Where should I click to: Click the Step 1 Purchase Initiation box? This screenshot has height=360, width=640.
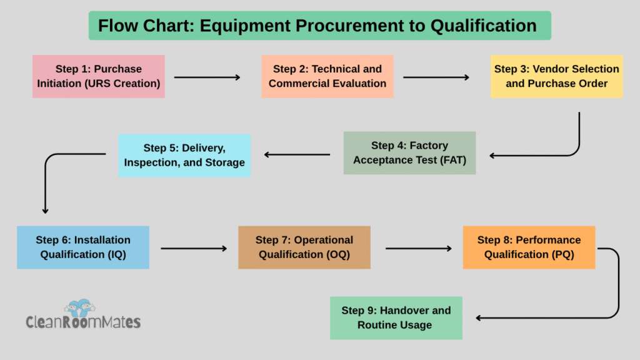[99, 76]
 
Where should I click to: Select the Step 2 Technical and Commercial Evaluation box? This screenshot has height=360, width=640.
[327, 76]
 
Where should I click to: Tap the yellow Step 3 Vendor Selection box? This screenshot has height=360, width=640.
[556, 76]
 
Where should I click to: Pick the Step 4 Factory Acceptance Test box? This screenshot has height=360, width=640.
[409, 152]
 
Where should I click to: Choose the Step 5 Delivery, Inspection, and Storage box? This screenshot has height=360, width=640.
[184, 155]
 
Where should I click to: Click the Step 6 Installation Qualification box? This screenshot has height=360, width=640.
[83, 247]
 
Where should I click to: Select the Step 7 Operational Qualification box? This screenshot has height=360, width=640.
[304, 247]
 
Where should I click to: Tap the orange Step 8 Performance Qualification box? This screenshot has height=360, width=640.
[529, 247]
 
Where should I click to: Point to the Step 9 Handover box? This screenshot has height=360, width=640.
[396, 317]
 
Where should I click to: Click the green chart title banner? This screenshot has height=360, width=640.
[319, 26]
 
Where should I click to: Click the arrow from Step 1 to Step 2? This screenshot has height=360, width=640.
[207, 77]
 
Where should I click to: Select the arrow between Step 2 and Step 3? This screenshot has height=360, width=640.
[436, 77]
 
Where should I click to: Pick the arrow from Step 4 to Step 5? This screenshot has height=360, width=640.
[297, 154]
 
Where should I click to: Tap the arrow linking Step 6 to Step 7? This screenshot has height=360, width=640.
[194, 248]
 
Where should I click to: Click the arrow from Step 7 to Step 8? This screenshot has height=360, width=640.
[418, 248]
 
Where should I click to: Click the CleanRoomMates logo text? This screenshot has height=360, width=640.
[83, 322]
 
